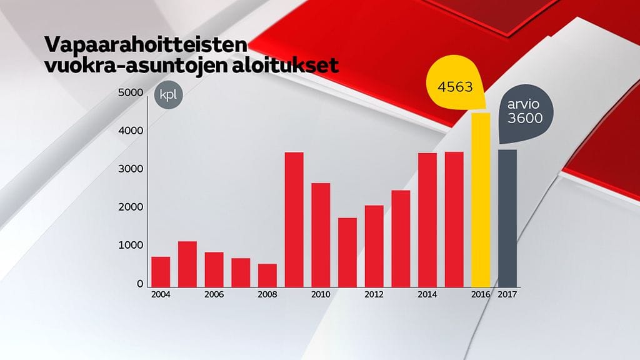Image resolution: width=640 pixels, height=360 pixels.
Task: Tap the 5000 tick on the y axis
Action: (x=131, y=92)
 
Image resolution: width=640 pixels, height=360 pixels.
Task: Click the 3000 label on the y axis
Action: (x=131, y=169)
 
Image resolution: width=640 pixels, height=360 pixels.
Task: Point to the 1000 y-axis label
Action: (x=131, y=246)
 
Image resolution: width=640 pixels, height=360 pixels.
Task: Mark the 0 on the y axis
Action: (x=140, y=284)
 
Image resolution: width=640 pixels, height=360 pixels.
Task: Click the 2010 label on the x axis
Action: (x=321, y=294)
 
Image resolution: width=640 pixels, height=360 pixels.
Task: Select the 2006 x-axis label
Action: (x=214, y=294)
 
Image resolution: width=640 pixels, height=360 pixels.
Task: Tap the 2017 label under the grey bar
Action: (x=507, y=294)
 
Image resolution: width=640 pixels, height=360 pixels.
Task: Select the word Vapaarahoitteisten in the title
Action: (x=145, y=46)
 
